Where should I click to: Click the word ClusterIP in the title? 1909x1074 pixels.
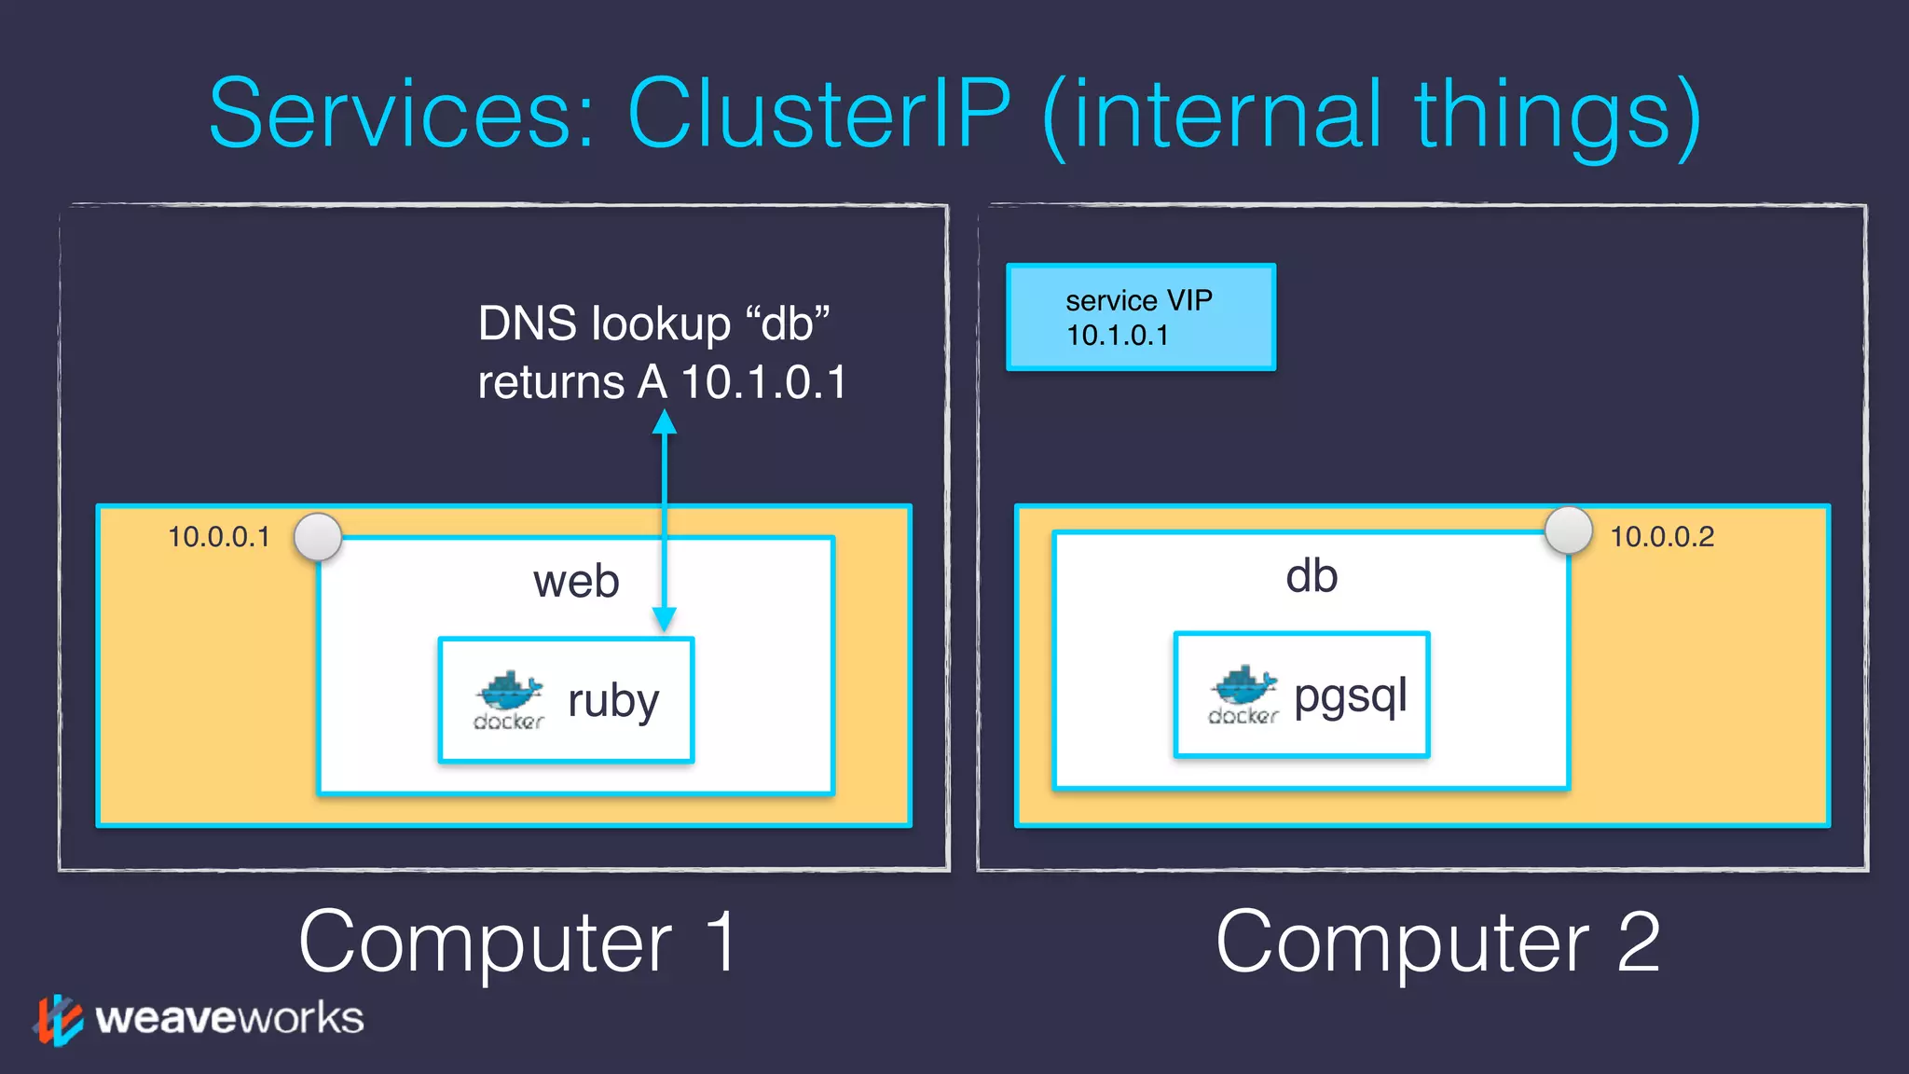tap(818, 114)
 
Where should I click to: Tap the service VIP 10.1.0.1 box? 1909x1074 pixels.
tap(1140, 317)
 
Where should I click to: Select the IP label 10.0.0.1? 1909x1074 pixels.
tap(218, 537)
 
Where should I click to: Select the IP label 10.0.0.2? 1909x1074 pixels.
tap(1662, 537)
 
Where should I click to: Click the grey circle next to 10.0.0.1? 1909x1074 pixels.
tap(318, 537)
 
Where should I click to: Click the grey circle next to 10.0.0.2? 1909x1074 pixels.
tap(1568, 530)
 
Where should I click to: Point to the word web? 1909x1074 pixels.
tap(576, 582)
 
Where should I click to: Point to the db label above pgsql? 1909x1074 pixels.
tap(1312, 576)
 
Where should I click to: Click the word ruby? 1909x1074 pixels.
tap(613, 701)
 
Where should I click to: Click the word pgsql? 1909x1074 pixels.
tap(1351, 695)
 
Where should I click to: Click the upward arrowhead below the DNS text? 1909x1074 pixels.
tap(664, 424)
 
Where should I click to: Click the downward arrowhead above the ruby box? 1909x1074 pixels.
tap(664, 618)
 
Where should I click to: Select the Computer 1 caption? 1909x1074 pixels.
tap(518, 942)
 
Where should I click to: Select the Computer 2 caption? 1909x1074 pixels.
tap(1437, 942)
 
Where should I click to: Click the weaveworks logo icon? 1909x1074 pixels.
tap(58, 1019)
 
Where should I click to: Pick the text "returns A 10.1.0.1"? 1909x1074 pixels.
tap(662, 382)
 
